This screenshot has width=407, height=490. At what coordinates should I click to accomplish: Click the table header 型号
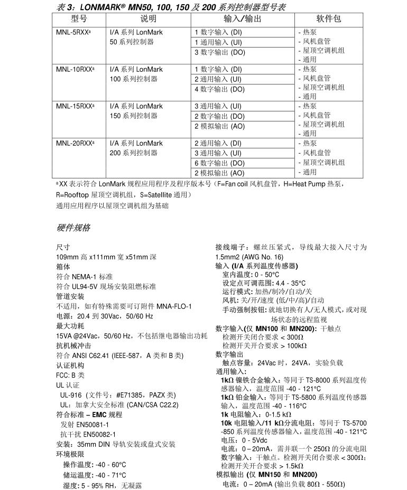click(x=79, y=19)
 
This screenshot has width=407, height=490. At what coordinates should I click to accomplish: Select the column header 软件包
click(x=328, y=19)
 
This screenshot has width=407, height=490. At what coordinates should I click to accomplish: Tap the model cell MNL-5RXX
click(x=73, y=32)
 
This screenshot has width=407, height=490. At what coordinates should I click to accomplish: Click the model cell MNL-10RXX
click(x=75, y=69)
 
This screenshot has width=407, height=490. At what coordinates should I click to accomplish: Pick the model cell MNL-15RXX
click(x=75, y=106)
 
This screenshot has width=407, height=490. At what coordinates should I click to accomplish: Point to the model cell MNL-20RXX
click(x=75, y=143)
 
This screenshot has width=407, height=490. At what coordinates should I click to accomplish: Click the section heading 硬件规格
click(x=73, y=228)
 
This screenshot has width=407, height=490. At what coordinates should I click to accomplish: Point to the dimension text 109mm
click(x=67, y=257)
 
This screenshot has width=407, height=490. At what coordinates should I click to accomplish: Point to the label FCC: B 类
click(x=70, y=375)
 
